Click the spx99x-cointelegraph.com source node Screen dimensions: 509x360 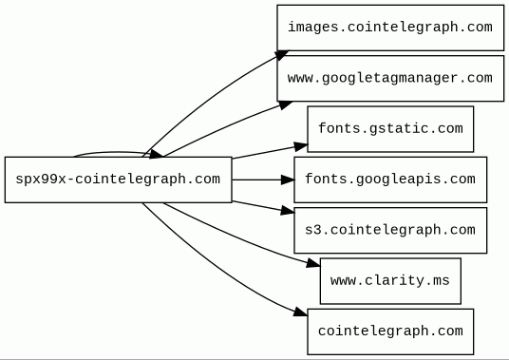(119, 180)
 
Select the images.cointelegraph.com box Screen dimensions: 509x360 (390, 28)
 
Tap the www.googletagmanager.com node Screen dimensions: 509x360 (390, 78)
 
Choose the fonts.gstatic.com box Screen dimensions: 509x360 (390, 129)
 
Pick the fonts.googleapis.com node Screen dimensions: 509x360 (390, 180)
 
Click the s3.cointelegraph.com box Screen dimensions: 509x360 (390, 230)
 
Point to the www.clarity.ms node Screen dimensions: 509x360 (390, 281)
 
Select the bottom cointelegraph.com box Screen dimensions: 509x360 (390, 332)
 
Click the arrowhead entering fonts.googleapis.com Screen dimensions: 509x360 (288, 180)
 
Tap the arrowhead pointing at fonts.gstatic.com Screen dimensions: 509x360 (301, 146)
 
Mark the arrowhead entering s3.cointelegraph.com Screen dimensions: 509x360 (288, 211)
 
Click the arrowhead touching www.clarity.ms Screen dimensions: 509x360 (313, 263)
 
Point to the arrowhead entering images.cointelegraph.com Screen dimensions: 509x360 (282, 55)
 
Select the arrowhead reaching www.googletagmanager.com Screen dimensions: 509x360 (285, 104)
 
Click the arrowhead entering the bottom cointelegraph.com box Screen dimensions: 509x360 (301, 313)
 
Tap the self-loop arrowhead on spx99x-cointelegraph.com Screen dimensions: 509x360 (156, 154)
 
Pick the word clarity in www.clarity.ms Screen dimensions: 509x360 (394, 280)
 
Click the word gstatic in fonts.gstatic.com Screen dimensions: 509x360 (399, 129)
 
